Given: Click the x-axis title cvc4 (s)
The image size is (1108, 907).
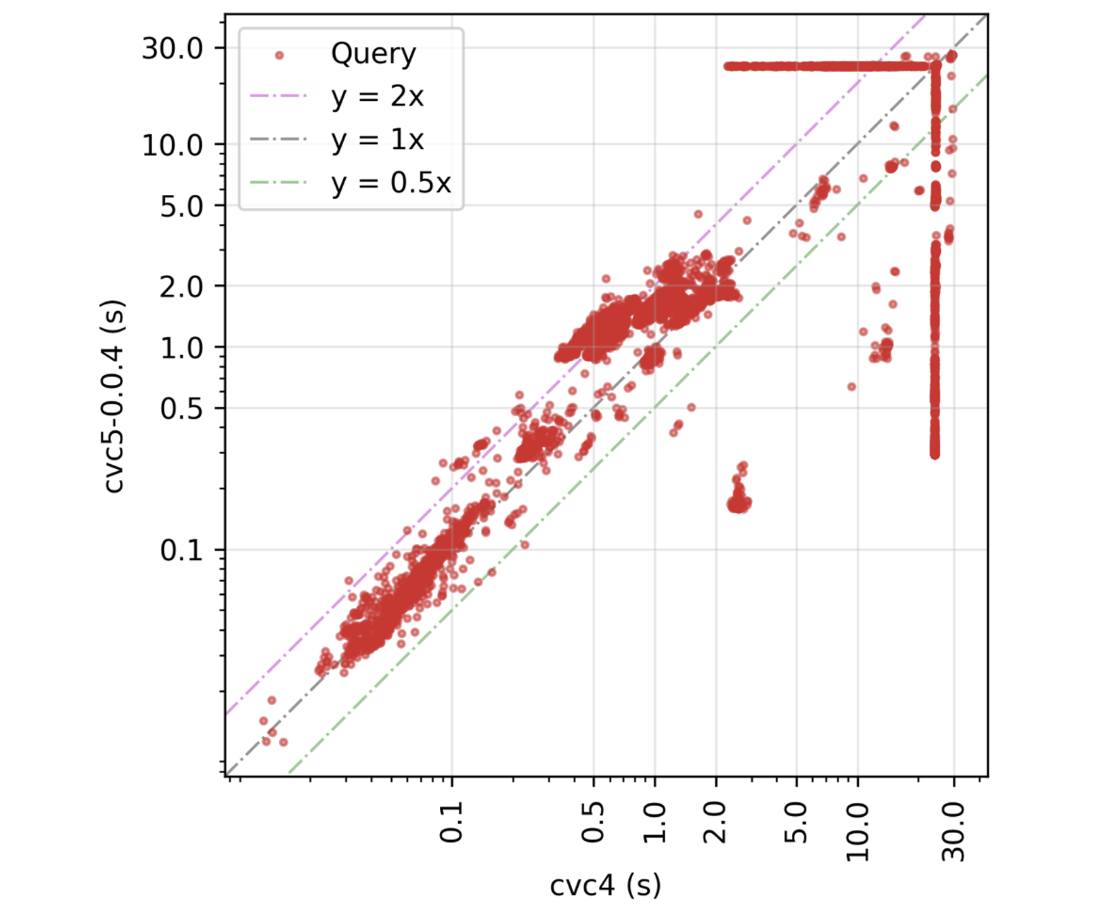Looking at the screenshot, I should coord(605,885).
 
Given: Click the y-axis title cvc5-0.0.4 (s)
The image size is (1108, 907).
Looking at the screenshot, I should coord(114,395).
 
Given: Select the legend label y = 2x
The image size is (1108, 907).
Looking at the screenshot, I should coord(377,97).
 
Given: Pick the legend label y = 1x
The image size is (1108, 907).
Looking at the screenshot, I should coord(377,139).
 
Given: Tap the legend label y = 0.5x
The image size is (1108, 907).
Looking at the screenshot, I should coord(391,183).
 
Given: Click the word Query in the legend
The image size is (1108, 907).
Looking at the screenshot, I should coord(374,54).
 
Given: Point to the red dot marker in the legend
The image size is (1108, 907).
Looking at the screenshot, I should coord(279,56).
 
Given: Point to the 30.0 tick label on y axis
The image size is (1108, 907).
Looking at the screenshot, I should coord(172,49).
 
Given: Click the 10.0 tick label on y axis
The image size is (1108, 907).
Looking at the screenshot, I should coord(172,146).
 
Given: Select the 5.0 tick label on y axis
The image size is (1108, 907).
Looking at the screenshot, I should coord(181,206).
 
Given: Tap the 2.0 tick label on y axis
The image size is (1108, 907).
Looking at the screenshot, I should coord(181,287).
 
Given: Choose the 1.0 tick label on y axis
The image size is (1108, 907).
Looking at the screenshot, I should coord(181,348).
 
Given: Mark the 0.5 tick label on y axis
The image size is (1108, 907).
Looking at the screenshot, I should coord(181,409).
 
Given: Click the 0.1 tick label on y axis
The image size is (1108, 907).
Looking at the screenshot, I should coord(181,551).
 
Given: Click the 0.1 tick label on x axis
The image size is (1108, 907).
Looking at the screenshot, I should coord(451,822).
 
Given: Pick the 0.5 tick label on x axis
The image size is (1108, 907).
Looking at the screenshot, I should coord(592,822).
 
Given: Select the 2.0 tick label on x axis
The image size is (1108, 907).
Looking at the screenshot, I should coord(715,822).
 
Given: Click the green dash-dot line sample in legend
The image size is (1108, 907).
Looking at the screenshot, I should coord(279,183).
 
